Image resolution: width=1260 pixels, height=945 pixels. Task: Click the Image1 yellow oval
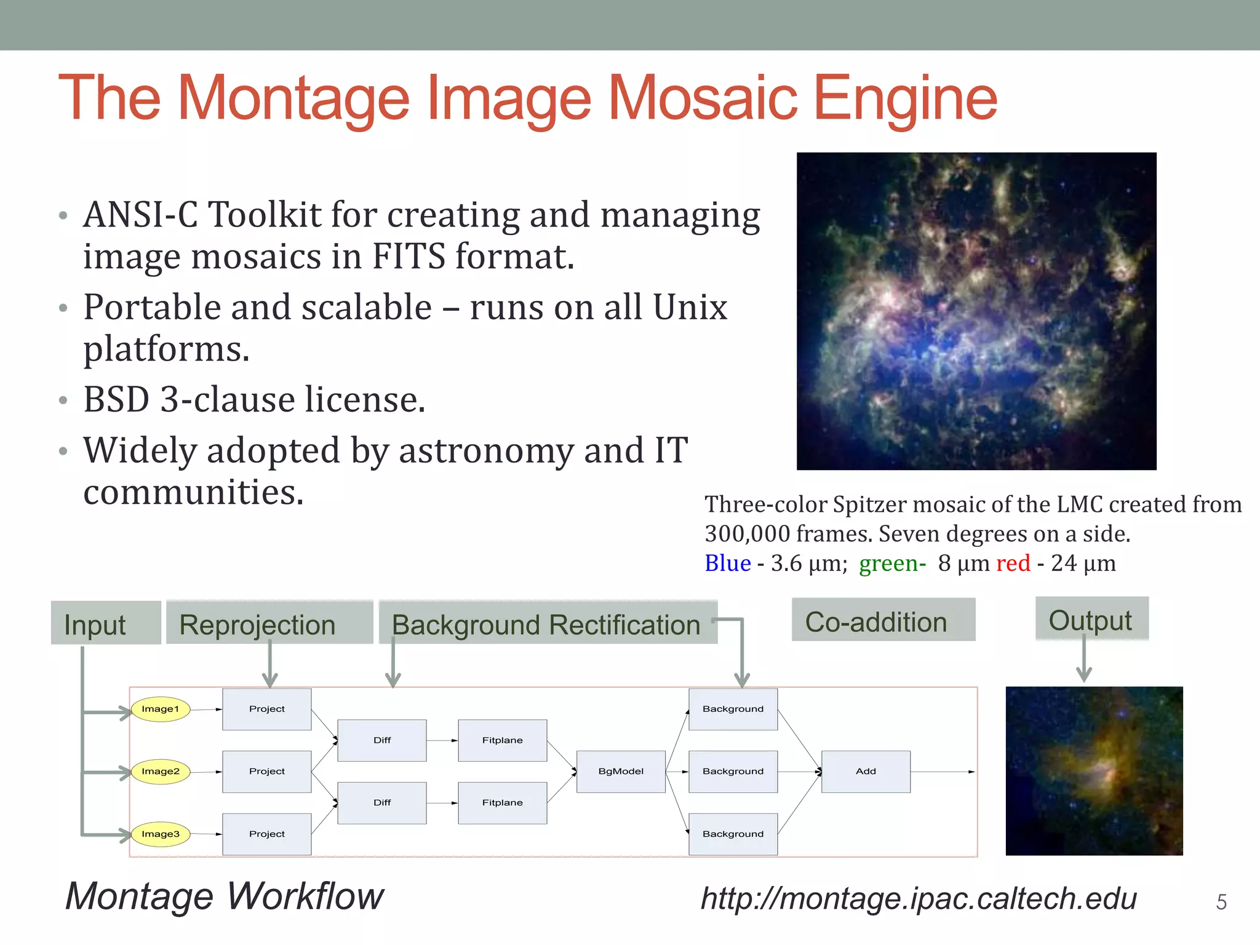pos(161,709)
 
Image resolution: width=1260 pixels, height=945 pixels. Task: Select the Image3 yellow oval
pos(161,834)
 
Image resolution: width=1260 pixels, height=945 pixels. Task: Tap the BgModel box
pos(621,772)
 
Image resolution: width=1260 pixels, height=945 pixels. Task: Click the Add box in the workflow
pos(866,772)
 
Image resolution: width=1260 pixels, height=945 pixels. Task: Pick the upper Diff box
pos(382,740)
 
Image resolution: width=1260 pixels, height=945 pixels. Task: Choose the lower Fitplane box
pos(503,803)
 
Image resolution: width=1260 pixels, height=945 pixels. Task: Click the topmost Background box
pos(733,709)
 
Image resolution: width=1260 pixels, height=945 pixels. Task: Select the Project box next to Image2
pos(266,772)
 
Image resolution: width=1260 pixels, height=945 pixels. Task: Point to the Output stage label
pos(1091,620)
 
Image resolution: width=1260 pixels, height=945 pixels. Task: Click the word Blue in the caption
pos(727,563)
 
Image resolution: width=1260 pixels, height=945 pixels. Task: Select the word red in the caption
pos(1013,563)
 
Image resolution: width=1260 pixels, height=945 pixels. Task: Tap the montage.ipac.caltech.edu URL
pos(919,898)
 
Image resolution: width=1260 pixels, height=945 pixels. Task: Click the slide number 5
pos(1221,903)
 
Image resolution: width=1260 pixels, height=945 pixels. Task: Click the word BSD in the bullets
pos(116,400)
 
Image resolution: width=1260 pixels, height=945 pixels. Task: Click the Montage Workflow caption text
pos(225,896)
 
